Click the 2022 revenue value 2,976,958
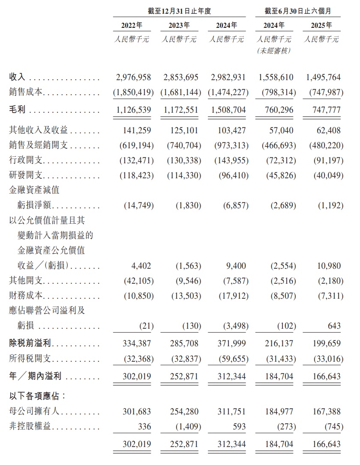133,78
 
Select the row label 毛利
18,110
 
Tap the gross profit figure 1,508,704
228,110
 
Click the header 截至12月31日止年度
180,11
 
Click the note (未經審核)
274,51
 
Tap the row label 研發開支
27,176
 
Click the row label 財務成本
27,296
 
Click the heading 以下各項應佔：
38,396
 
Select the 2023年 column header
179,25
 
